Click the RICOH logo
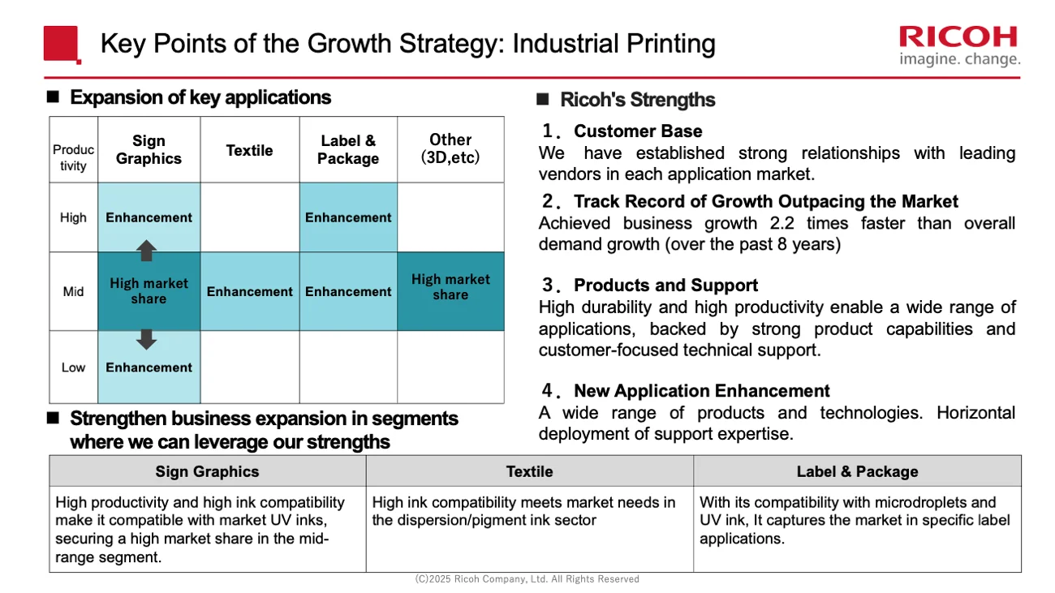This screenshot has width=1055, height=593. click(958, 37)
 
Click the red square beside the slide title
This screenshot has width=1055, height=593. click(62, 44)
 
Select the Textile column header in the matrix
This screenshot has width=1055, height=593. click(249, 150)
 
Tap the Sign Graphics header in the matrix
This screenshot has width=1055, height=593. click(149, 150)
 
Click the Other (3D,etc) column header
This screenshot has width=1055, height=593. click(450, 148)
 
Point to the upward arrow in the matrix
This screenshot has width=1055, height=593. click(146, 250)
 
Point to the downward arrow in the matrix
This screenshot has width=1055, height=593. click(146, 339)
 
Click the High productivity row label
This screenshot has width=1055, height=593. click(73, 217)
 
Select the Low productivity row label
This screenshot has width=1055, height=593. click(73, 367)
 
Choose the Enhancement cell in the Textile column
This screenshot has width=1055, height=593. click(249, 291)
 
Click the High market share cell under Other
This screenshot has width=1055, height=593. click(450, 287)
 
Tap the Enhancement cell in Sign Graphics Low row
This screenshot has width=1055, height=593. click(149, 367)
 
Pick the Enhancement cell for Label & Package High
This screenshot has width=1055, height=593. click(348, 217)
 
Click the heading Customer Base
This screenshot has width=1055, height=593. click(638, 131)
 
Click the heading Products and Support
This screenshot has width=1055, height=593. click(665, 286)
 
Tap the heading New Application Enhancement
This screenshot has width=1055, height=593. click(701, 391)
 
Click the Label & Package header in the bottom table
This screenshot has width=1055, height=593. click(857, 471)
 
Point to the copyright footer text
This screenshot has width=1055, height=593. click(527, 579)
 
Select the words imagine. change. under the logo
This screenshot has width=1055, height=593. click(959, 60)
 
